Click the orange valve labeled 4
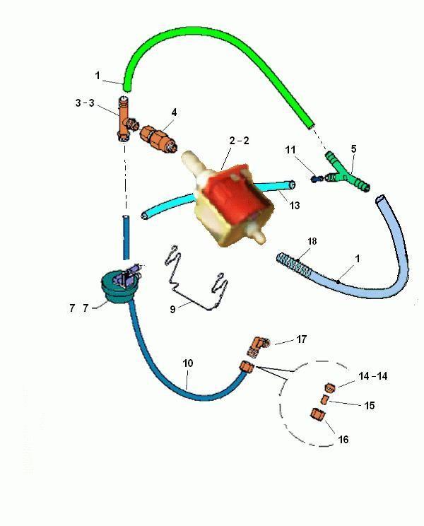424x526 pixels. [x=158, y=138]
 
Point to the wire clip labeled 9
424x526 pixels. [x=195, y=278]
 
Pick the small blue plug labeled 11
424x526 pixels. [x=317, y=180]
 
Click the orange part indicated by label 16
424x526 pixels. [x=319, y=414]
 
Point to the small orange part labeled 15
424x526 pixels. [x=324, y=399]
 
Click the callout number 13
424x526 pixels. [x=294, y=205]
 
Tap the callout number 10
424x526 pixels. [x=188, y=363]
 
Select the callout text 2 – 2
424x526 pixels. [x=240, y=141]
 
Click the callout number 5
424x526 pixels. [x=353, y=148]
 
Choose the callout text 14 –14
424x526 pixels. [x=373, y=376]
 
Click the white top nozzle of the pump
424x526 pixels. [x=194, y=162]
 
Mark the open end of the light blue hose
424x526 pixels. [x=381, y=199]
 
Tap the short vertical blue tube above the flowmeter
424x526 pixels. [x=126, y=238]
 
